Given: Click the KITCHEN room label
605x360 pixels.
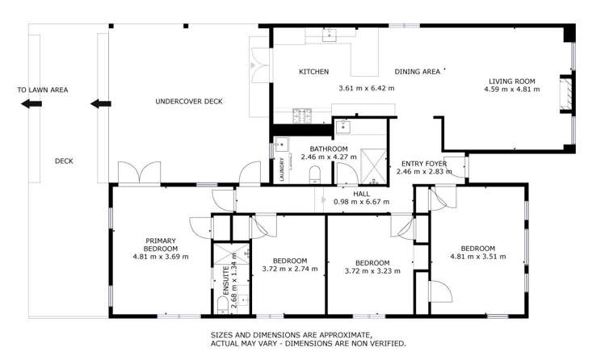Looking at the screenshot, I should tap(313, 72).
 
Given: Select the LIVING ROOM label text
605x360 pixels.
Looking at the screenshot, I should tap(513, 81).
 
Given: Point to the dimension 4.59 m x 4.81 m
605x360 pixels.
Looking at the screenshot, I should tap(513, 90).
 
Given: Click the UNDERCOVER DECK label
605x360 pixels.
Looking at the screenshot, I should tap(189, 101).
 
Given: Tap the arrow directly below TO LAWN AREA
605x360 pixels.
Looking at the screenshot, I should tap(32, 103).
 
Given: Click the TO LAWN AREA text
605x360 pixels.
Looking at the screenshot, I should tap(42, 90).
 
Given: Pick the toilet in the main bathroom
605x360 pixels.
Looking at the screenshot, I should tap(315, 173).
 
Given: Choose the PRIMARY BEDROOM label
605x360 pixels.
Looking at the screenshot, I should tap(160, 245).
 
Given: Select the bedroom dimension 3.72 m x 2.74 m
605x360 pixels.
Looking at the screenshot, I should tap(289, 269).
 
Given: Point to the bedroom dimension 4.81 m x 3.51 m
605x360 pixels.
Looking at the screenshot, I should tap(477, 257).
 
